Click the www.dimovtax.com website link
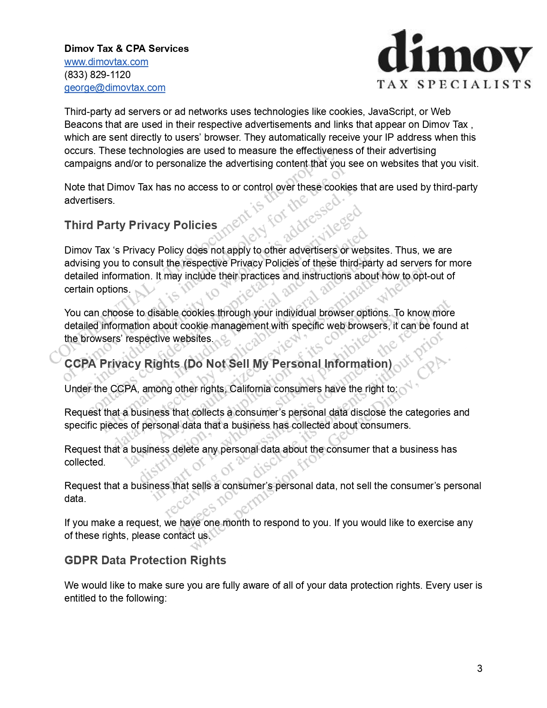(x=106, y=62)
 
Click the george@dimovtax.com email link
(x=115, y=88)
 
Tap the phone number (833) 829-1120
(x=97, y=75)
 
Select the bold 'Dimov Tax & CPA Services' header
(x=127, y=48)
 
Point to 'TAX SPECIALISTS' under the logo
(x=454, y=84)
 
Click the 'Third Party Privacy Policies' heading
(x=141, y=225)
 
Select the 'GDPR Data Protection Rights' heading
(x=145, y=560)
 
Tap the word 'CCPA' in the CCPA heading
(x=80, y=364)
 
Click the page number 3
(x=480, y=669)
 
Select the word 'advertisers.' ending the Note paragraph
(x=89, y=200)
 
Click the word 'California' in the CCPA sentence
(x=250, y=389)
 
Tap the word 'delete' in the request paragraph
(x=185, y=449)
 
